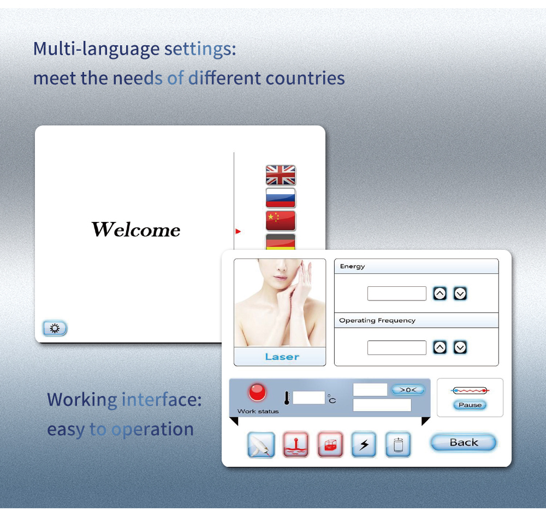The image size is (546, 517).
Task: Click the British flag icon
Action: click(x=281, y=175)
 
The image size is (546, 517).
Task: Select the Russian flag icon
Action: click(x=281, y=197)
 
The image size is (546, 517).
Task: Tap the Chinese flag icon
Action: click(x=281, y=220)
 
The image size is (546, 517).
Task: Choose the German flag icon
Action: click(x=281, y=242)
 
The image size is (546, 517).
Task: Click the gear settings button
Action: click(x=55, y=328)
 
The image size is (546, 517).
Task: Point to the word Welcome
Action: click(x=136, y=230)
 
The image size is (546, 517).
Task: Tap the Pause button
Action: click(x=470, y=405)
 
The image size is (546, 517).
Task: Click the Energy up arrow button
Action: click(x=440, y=293)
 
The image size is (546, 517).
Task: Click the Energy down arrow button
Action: click(x=460, y=293)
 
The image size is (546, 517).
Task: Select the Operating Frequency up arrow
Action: click(x=440, y=347)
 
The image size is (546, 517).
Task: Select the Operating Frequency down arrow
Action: click(x=460, y=347)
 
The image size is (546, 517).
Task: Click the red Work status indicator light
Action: click(x=257, y=392)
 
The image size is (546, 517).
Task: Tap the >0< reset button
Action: click(x=408, y=390)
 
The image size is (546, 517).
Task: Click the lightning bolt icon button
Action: click(x=364, y=444)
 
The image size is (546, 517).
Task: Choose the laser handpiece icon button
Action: click(x=261, y=444)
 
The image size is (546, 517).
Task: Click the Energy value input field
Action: click(x=396, y=293)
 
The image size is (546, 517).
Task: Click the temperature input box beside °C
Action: click(x=308, y=398)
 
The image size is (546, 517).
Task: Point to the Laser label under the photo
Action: click(x=282, y=357)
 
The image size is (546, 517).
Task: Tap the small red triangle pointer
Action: click(x=238, y=231)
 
